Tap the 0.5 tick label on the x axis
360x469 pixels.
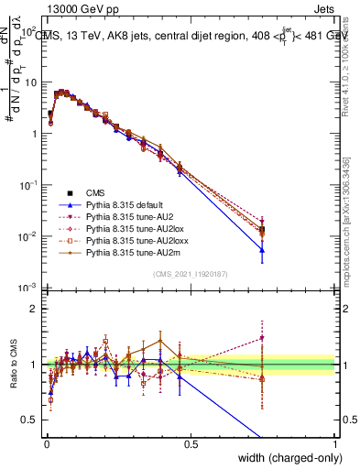(x=190, y=443)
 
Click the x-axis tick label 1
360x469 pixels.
(x=335, y=443)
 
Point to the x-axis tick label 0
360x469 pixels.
(x=45, y=443)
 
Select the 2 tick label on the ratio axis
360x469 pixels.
(x=32, y=309)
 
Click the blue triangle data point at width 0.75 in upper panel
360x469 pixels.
(x=262, y=249)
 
